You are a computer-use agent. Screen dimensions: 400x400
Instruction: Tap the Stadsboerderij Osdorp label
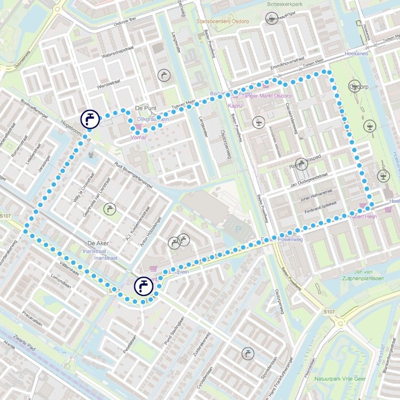[x=219, y=22]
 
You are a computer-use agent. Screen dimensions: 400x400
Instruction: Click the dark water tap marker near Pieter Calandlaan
[x=143, y=286]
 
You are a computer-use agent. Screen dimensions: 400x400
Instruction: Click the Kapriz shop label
[x=235, y=106]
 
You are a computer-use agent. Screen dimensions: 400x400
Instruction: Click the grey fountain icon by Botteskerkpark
[x=272, y=18]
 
